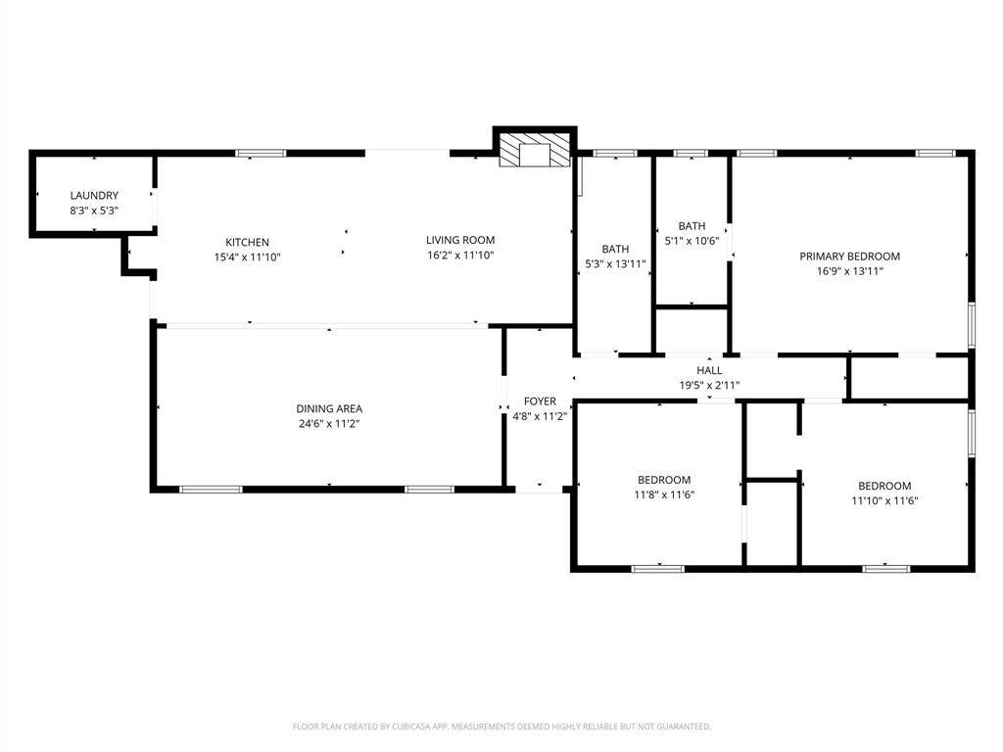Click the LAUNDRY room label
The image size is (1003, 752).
(94, 196)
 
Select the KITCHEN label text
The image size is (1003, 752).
(248, 243)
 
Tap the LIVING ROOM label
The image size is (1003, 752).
(460, 241)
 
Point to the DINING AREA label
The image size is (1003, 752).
(329, 408)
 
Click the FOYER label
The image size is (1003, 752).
(540, 401)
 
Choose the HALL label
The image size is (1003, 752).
(709, 370)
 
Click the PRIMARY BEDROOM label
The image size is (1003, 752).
(850, 257)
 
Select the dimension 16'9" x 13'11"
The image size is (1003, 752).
(850, 271)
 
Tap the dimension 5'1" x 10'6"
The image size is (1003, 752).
(693, 241)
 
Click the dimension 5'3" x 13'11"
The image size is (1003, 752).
(615, 263)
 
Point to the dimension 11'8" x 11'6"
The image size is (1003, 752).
(665, 494)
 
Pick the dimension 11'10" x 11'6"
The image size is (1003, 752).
(884, 500)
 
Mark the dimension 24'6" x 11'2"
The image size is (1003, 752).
(329, 423)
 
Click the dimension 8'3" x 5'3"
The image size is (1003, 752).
(94, 211)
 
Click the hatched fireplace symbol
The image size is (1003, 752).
(534, 150)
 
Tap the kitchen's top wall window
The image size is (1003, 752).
(261, 154)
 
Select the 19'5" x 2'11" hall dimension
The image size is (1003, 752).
(709, 385)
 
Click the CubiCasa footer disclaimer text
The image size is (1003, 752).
(501, 727)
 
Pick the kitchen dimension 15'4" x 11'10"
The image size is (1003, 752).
(248, 258)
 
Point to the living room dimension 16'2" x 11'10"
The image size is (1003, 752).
(460, 256)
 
